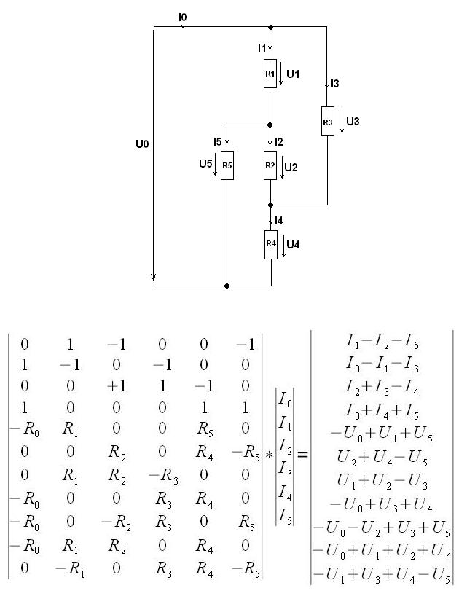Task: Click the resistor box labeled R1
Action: [270, 74]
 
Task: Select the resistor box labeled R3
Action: [328, 121]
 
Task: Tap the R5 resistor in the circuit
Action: [227, 165]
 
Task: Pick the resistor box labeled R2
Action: [270, 165]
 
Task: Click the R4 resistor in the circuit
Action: [271, 245]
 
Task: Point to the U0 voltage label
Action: [142, 144]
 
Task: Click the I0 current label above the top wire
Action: [183, 17]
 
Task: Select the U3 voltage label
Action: [353, 121]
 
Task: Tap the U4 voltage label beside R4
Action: [293, 245]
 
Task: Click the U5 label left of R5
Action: [205, 163]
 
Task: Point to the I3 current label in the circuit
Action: [335, 84]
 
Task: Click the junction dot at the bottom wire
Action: [227, 286]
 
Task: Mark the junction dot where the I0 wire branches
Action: [270, 27]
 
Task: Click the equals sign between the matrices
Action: [302, 454]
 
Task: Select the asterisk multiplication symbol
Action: [269, 455]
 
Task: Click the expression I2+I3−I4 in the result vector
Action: [382, 387]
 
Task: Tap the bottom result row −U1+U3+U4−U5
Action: [382, 575]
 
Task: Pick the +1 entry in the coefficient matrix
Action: [117, 386]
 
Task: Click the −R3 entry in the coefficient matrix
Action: [163, 476]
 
